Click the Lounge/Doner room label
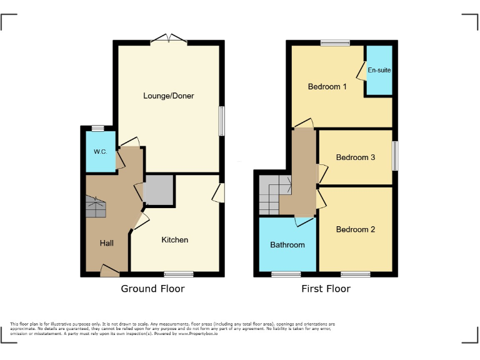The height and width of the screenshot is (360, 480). (168, 96)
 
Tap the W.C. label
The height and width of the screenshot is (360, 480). (101, 152)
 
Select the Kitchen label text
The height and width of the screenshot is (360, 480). (175, 240)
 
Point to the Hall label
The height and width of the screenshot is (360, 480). (106, 242)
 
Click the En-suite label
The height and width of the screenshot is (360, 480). (379, 70)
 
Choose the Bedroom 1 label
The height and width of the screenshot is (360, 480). (327, 87)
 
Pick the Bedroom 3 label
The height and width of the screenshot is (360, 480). (355, 157)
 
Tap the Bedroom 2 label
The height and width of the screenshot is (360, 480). (355, 229)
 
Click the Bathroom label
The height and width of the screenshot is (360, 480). (287, 245)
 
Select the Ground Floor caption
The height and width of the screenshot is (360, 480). (153, 289)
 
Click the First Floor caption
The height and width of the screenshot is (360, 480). (325, 289)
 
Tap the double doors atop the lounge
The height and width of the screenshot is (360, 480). (170, 39)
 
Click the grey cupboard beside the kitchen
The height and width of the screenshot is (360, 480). (158, 191)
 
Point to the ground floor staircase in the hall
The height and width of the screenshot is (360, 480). (96, 206)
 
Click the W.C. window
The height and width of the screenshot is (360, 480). (97, 129)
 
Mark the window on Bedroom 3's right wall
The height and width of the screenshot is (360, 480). (395, 156)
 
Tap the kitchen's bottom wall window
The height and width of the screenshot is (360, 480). (179, 274)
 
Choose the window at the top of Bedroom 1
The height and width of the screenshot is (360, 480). (335, 43)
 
